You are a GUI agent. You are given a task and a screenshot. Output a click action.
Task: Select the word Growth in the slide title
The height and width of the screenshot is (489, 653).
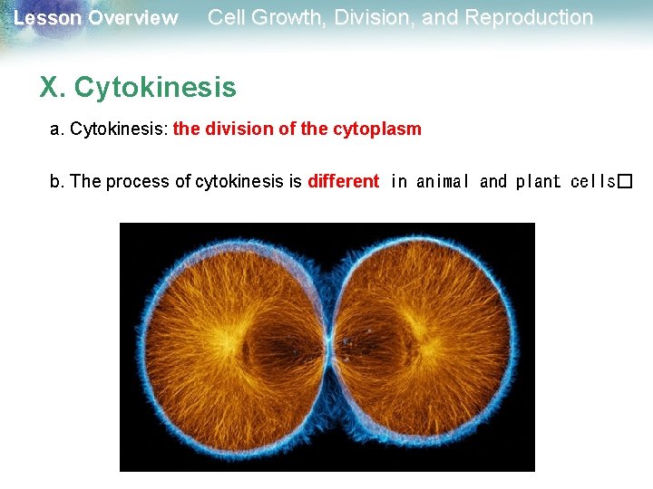tap(287, 17)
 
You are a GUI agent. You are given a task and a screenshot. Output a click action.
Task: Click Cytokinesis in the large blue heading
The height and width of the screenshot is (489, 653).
tap(155, 88)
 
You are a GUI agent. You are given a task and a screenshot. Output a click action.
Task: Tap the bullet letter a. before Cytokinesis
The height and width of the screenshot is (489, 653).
tap(57, 129)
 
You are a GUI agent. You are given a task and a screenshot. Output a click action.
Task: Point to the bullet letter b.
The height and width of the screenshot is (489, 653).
tap(57, 181)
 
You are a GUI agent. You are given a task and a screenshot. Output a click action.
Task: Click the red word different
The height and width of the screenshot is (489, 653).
tap(344, 181)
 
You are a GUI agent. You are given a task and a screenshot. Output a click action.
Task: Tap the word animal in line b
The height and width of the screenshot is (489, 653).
tap(442, 181)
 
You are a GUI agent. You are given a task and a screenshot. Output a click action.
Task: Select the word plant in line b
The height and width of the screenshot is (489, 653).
tap(539, 181)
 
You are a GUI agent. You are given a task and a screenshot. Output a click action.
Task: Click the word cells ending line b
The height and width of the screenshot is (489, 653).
tap(593, 181)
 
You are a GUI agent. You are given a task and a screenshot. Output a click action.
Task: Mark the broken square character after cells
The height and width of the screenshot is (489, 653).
tap(624, 181)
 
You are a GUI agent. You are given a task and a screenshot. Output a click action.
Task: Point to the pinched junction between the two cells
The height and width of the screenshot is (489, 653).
tap(331, 345)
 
